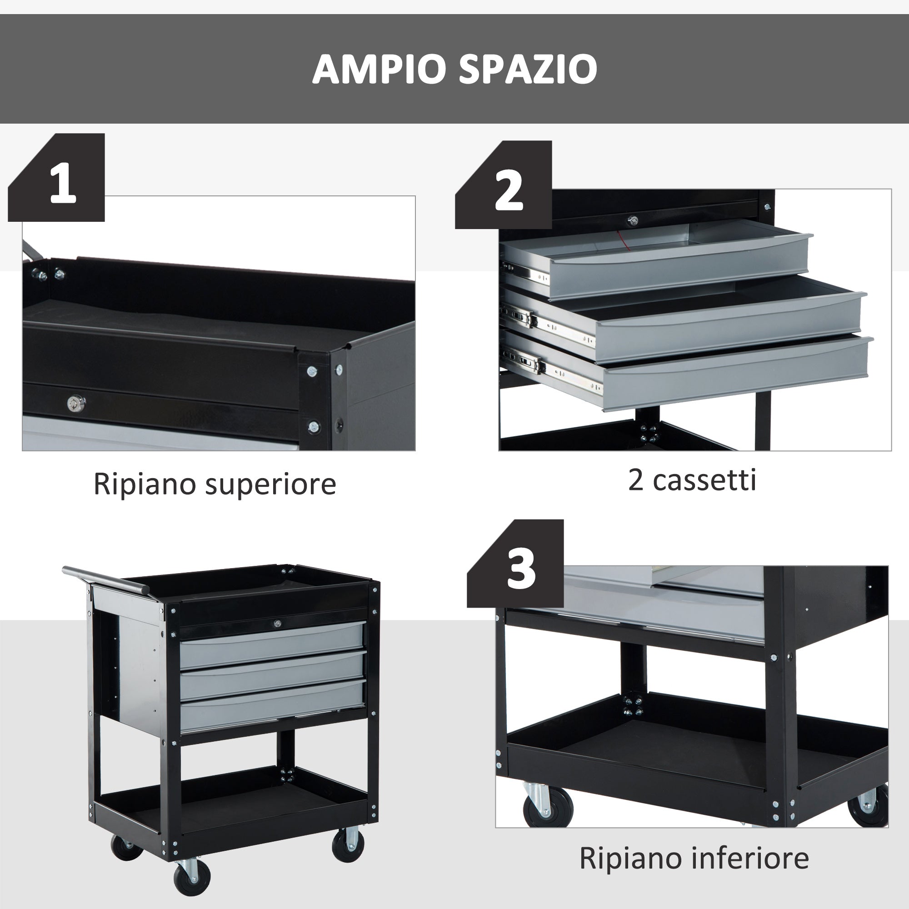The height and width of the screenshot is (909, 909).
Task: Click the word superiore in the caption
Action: click(x=271, y=484)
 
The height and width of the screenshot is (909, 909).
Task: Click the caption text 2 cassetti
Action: click(x=692, y=480)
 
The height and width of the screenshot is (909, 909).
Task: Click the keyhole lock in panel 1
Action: click(x=75, y=403)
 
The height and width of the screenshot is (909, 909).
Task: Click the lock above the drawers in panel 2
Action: click(x=633, y=220)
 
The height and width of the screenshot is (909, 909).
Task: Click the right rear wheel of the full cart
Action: click(x=348, y=844)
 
